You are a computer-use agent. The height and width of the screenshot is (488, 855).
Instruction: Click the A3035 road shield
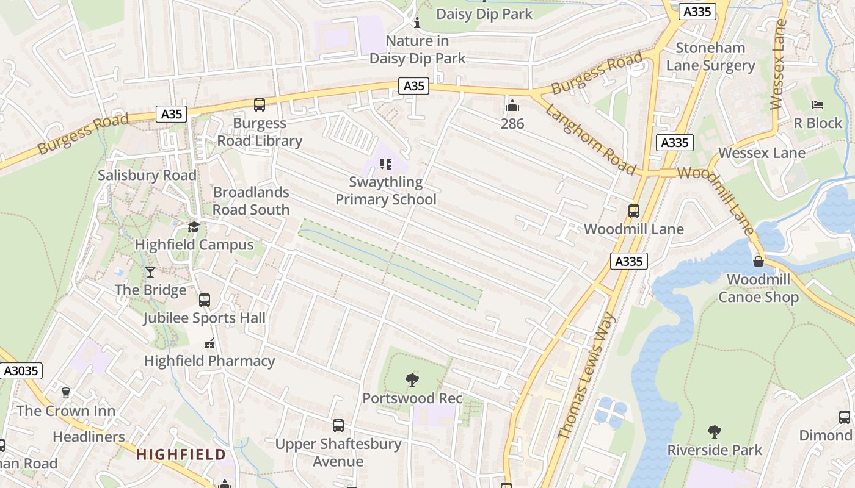coord(21,370)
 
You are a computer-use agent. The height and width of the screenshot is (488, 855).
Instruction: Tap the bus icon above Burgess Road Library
coord(260,105)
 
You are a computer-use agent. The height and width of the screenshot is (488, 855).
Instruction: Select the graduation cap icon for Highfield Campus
coord(194,227)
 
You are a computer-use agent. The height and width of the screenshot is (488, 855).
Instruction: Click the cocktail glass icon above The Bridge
coord(150,272)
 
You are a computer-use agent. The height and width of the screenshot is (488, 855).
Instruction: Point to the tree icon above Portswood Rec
coord(412,380)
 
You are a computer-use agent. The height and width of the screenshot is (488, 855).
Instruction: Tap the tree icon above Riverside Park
coord(715,432)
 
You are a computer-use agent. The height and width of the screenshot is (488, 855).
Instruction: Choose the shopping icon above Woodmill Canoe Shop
coord(759,262)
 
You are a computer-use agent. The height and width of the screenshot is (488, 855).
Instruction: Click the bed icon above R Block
coord(818,105)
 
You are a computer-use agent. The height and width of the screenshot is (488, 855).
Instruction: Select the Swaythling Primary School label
coord(386,191)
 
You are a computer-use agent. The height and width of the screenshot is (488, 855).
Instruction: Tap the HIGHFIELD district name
coord(181,454)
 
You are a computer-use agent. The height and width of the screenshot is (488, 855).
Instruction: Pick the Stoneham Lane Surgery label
coord(710,57)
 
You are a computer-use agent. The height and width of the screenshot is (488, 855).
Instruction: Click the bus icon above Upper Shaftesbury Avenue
coord(338,426)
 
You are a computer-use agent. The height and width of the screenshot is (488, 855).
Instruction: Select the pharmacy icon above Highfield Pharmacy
coord(209,343)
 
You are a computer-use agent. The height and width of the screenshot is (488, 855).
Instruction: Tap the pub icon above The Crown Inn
coord(66,393)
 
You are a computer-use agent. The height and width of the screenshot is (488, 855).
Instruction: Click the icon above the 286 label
coord(512,106)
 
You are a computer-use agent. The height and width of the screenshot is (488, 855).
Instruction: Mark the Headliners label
coord(89,437)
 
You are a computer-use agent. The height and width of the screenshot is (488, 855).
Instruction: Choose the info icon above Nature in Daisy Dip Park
coord(417,23)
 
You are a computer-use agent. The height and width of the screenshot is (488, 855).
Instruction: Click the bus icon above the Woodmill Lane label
coord(634,211)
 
